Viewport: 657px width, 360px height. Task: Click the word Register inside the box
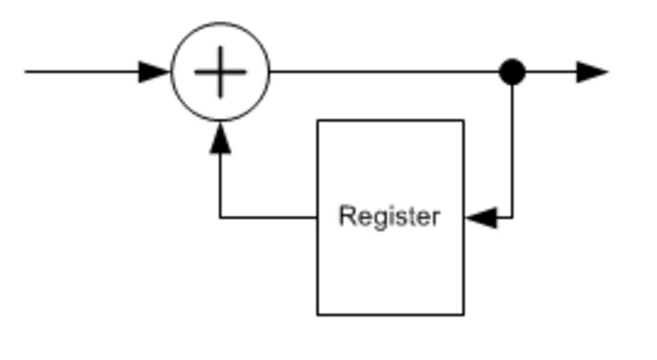click(389, 217)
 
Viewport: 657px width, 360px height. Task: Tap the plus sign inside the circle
click(220, 72)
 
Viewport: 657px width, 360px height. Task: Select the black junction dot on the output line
click(512, 72)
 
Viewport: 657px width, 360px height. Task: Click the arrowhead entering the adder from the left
click(155, 72)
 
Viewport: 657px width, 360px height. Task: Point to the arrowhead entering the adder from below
click(221, 138)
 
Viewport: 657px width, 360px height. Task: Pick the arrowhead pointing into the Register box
click(481, 218)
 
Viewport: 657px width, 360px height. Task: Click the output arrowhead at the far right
click(592, 72)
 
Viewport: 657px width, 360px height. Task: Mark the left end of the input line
click(27, 72)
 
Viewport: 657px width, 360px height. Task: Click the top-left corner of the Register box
click(318, 121)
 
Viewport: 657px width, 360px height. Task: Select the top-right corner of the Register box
click(463, 121)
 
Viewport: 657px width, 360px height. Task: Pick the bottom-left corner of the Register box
click(318, 314)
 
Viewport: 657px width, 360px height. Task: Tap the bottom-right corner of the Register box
click(463, 314)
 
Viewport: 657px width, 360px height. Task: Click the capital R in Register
click(346, 216)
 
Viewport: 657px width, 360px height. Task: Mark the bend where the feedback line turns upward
click(221, 218)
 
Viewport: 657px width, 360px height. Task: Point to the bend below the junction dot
click(512, 218)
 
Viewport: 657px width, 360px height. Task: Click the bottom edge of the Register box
click(390, 314)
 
